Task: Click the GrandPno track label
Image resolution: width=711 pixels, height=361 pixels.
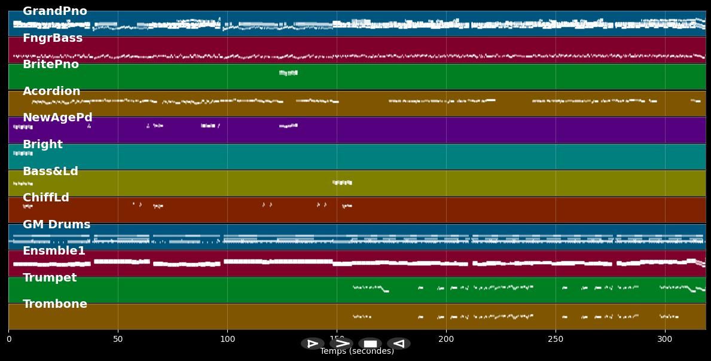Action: (x=54, y=11)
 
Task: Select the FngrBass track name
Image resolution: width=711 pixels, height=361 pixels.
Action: (x=53, y=38)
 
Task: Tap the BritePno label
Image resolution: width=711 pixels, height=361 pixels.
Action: (x=51, y=65)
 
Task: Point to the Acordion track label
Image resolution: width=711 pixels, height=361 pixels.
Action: (x=51, y=91)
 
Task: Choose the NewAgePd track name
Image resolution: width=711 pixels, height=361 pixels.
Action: (x=57, y=118)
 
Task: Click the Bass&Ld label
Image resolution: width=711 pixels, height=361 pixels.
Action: (x=50, y=172)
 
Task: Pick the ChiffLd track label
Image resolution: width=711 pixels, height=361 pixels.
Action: (x=46, y=198)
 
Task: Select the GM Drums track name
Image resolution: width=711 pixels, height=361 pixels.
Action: (x=56, y=225)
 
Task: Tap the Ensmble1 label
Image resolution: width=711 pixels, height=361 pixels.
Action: (x=54, y=251)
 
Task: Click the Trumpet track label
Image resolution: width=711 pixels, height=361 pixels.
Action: (x=50, y=278)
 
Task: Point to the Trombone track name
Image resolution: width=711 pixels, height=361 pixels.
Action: (x=55, y=304)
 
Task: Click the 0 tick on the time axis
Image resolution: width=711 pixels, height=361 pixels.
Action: (x=8, y=339)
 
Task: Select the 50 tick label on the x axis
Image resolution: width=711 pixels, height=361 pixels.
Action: (x=118, y=339)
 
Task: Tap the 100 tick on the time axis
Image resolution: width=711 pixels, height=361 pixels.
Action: (x=227, y=339)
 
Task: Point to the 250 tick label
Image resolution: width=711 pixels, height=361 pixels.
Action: (x=556, y=339)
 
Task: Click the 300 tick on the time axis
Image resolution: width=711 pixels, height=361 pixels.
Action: (x=665, y=339)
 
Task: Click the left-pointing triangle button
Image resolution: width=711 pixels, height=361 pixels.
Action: (x=399, y=344)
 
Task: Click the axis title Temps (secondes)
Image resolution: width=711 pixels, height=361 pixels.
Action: (x=357, y=351)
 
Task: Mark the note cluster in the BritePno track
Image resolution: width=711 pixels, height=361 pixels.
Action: (x=288, y=73)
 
